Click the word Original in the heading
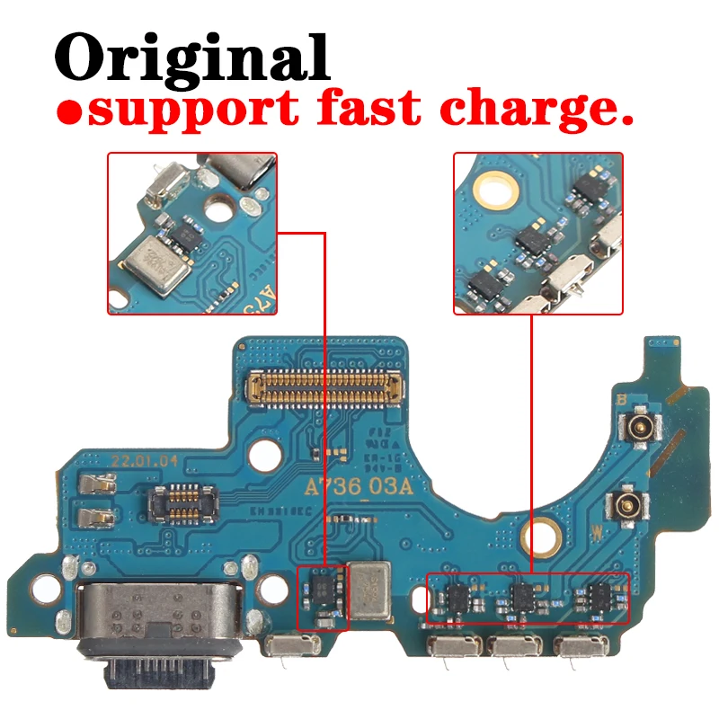click(192, 56)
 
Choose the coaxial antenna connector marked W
click(626, 506)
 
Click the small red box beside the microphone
click(322, 598)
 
